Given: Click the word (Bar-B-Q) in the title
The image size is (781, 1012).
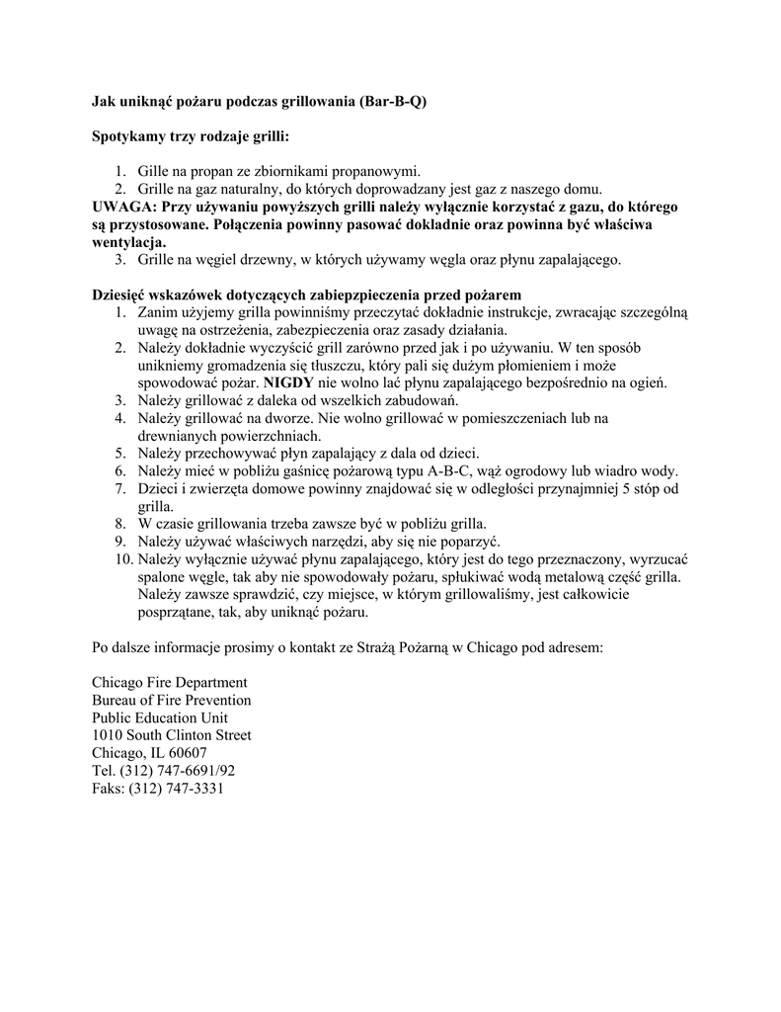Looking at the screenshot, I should click(x=394, y=101).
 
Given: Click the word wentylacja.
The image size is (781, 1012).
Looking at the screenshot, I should click(x=129, y=242).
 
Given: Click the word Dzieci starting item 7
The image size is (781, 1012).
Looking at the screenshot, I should click(x=158, y=488).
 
